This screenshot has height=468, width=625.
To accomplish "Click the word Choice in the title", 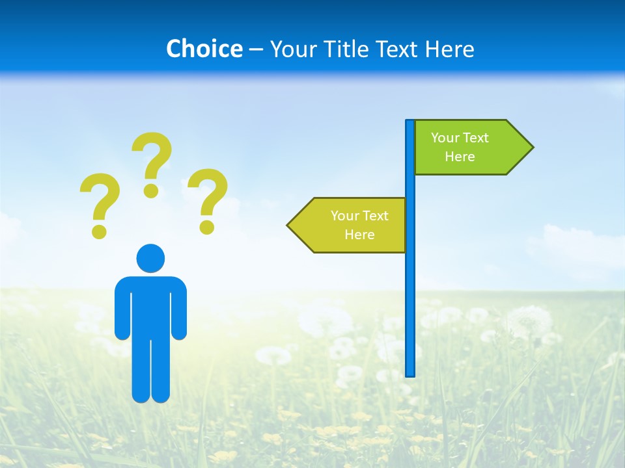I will pyautogui.click(x=204, y=49).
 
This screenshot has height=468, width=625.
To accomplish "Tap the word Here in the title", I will pyautogui.click(x=449, y=49).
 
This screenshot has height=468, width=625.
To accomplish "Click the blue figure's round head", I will pyautogui.click(x=150, y=258).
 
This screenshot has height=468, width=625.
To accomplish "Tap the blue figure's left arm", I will pyautogui.click(x=122, y=309).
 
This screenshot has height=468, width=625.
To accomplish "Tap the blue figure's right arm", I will pyautogui.click(x=179, y=309).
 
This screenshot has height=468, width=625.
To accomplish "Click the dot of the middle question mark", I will pyautogui.click(x=151, y=190).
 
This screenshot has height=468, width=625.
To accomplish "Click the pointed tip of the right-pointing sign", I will pyautogui.click(x=531, y=147).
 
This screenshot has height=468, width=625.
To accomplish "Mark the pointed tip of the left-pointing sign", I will pyautogui.click(x=289, y=225).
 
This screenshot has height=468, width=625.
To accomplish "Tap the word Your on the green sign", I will pyautogui.click(x=445, y=138).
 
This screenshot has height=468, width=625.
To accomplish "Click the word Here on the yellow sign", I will pyautogui.click(x=359, y=235).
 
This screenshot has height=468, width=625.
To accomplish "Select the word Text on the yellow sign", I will pyautogui.click(x=375, y=216).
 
